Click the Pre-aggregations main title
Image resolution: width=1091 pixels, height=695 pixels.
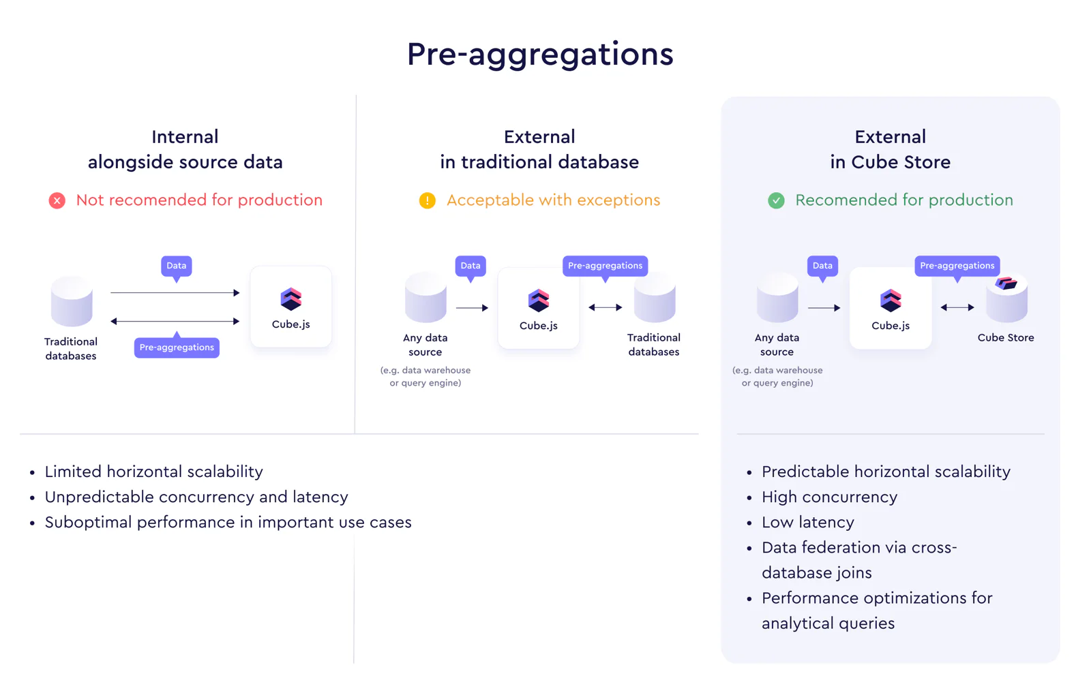[540, 55]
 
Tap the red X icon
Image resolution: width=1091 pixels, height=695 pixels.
[57, 200]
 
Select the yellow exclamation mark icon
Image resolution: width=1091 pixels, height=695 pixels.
[427, 200]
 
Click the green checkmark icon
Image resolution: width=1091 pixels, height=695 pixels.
[776, 200]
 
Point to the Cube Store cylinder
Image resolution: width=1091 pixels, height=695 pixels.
[1006, 299]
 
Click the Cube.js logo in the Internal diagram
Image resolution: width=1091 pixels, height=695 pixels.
[290, 299]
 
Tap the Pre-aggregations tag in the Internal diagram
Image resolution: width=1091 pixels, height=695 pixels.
[177, 347]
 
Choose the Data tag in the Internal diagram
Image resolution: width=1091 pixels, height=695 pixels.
[177, 266]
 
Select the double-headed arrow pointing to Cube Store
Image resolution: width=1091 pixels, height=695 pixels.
[957, 307]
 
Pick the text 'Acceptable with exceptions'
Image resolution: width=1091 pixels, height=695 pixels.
[553, 200]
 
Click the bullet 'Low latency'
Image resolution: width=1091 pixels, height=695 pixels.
[807, 522]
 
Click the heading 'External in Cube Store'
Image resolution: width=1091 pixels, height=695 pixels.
[891, 149]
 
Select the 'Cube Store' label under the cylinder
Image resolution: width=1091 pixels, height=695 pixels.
[1006, 337]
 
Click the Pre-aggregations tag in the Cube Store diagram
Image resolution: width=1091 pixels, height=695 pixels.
[957, 266]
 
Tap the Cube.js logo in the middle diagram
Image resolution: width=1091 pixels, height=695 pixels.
[538, 300]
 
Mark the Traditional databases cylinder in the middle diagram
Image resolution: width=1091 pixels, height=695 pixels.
[655, 298]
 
